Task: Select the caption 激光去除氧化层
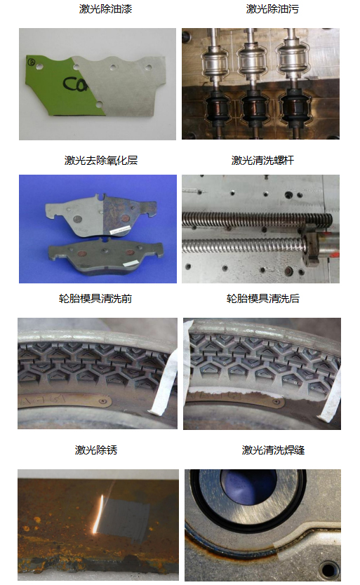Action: coord(101,161)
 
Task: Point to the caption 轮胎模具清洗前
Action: coord(95,299)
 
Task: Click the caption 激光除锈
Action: coord(96,450)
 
